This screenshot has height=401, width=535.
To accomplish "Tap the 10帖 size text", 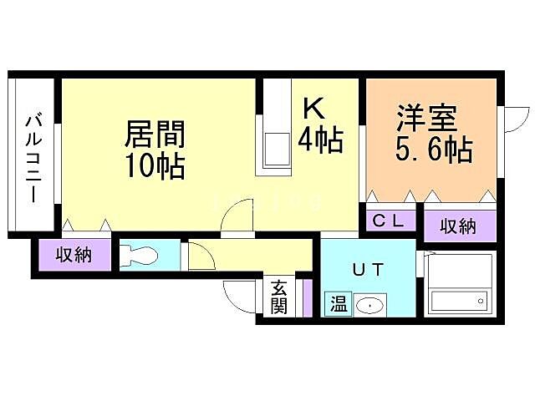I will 154,166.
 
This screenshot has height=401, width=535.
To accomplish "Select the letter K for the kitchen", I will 313,109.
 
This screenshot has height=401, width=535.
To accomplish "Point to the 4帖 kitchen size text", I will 320,140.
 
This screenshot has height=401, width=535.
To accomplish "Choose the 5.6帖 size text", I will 433,152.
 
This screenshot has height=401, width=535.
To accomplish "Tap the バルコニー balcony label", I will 33,155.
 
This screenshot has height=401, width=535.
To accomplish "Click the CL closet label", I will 389,222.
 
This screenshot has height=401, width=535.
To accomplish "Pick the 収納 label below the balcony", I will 74,254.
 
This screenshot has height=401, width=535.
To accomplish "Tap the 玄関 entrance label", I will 279,297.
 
